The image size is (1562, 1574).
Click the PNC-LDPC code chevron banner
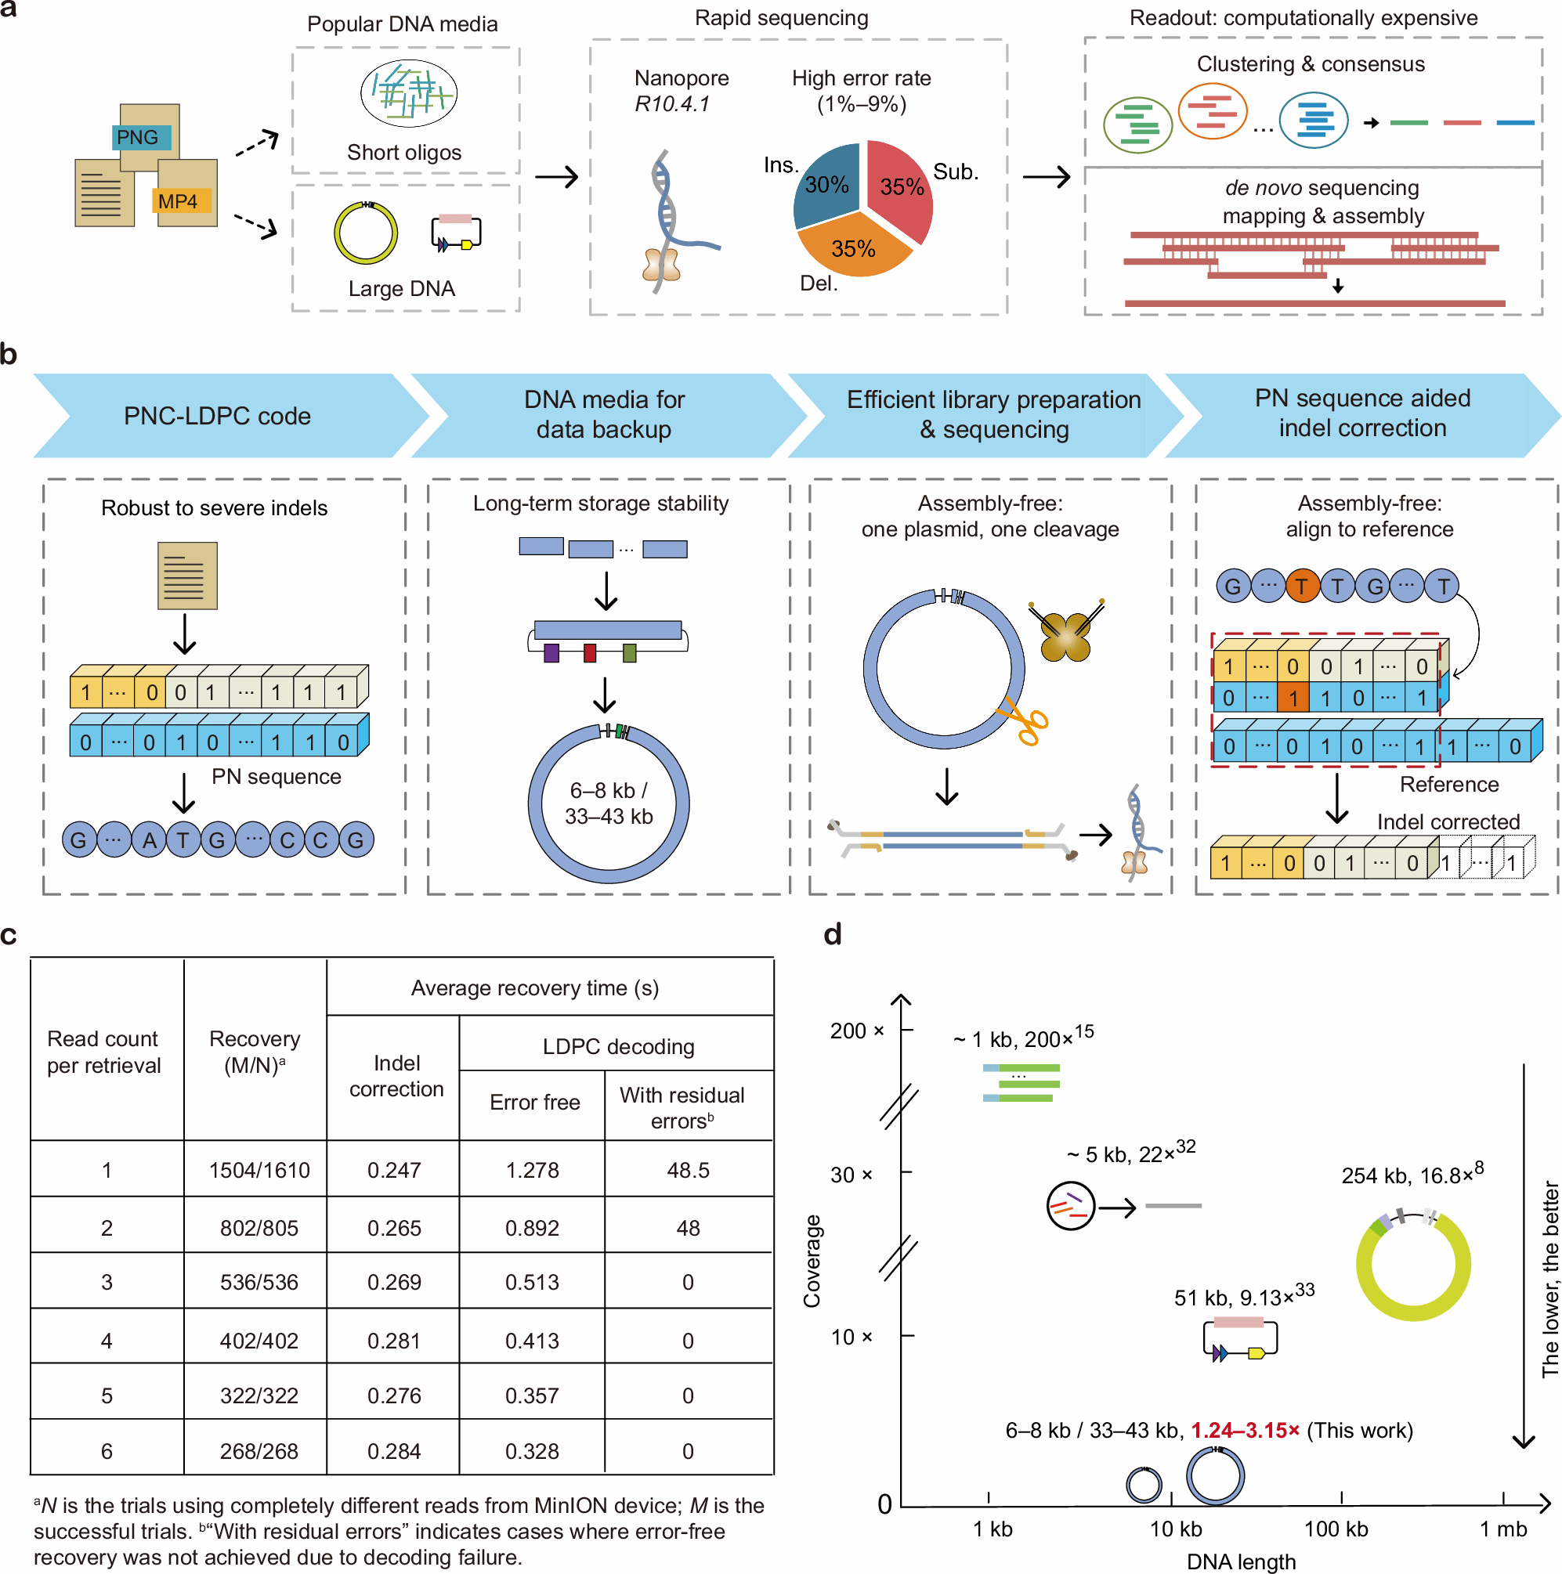218,416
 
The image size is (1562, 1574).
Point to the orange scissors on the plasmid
1024,722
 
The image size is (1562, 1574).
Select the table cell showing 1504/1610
259,1170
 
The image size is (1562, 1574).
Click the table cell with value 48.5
688,1170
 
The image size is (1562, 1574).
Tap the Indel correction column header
396,1075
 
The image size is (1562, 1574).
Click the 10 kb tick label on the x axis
1175,1529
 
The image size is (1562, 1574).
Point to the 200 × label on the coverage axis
856,1031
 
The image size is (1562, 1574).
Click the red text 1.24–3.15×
1244,1431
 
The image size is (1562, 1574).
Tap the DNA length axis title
1240,1561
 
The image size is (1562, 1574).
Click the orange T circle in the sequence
1302,587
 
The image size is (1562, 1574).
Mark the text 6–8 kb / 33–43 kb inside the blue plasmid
609,803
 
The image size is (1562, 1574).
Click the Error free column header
534,1103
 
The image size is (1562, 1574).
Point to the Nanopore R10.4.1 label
681,90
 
